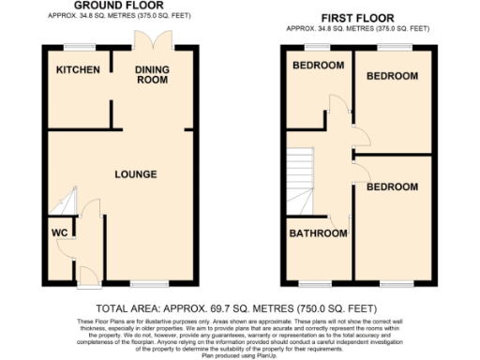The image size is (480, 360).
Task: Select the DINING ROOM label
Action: click(x=151, y=75)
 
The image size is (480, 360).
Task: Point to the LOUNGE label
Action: click(x=135, y=174)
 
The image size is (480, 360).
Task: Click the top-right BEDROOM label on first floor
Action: click(x=391, y=75)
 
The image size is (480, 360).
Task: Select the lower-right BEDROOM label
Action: click(x=391, y=187)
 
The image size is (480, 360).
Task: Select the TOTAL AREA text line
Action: click(x=240, y=307)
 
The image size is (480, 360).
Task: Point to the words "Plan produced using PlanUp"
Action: click(x=240, y=353)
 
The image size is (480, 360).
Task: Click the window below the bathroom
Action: click(x=314, y=283)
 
